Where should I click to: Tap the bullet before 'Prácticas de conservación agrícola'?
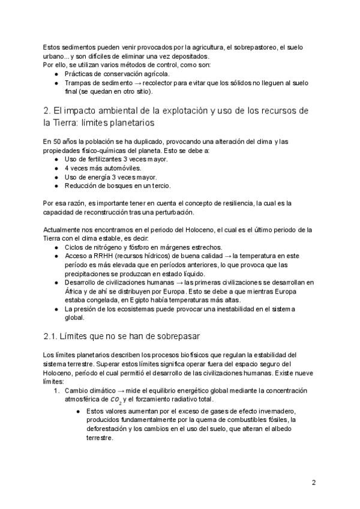(x=56, y=74)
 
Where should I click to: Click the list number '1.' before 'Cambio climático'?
(x=58, y=391)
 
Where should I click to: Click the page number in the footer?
(x=314, y=482)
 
